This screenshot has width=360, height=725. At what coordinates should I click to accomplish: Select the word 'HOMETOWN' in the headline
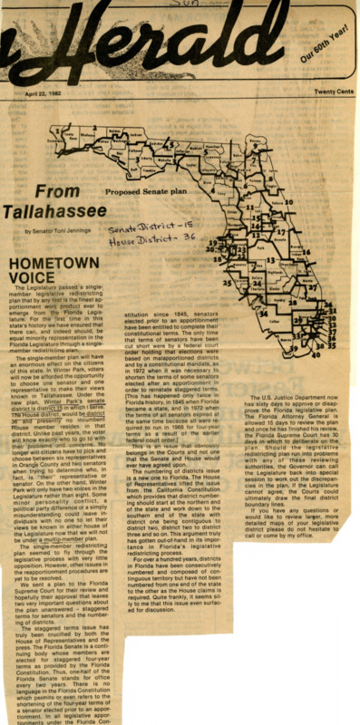click(54, 264)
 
